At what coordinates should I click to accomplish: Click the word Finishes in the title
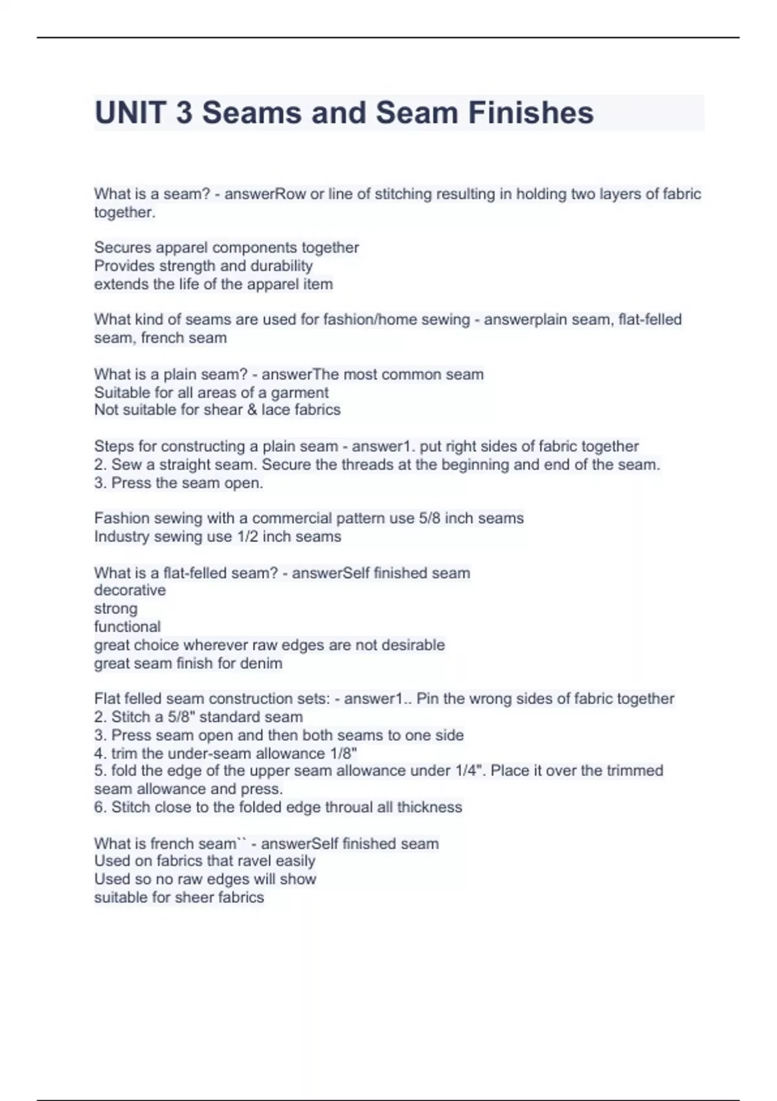(530, 113)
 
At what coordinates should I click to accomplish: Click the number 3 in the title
(184, 113)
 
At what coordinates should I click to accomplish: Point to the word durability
(282, 266)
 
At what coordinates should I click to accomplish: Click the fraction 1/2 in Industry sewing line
(247, 536)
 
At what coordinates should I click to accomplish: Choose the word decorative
(129, 590)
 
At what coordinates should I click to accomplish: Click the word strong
(116, 608)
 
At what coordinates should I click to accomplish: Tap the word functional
(127, 626)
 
